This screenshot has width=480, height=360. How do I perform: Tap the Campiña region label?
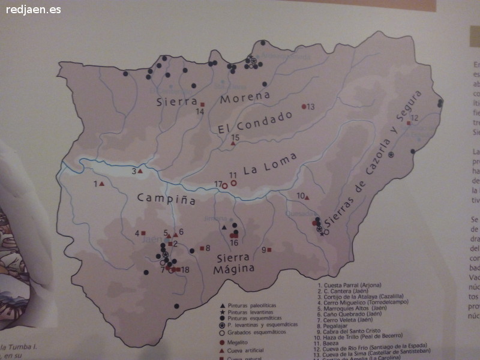[166, 199]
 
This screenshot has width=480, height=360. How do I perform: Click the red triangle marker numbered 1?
[102, 184]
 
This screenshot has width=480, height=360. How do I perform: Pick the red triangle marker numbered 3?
[140, 172]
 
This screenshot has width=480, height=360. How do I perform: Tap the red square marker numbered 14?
[203, 104]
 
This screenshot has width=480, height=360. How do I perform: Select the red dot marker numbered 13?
[304, 106]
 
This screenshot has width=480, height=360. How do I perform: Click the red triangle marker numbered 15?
[233, 143]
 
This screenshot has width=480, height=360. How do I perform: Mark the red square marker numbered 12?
[409, 122]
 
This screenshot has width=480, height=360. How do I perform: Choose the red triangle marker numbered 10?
[307, 197]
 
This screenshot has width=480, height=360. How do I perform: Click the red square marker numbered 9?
[269, 250]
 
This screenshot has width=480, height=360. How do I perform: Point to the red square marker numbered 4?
[144, 233]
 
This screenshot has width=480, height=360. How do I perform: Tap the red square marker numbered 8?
[201, 248]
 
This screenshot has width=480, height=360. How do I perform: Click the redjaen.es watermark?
[34, 10]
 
